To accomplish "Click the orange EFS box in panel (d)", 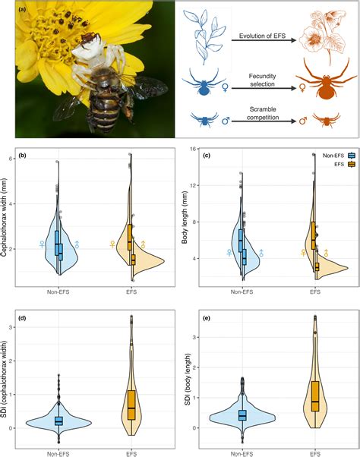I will (131, 404).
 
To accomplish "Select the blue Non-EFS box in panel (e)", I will (242, 415).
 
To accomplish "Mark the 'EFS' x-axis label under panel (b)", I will (131, 290).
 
